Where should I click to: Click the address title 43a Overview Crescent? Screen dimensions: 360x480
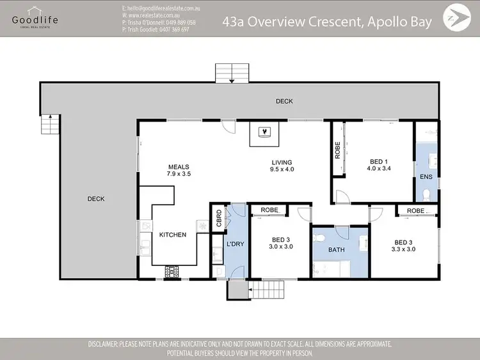(326, 21)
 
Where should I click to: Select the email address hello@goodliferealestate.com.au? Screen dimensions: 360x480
(161, 8)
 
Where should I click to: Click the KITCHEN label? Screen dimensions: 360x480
(173, 235)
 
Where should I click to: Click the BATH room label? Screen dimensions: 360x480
(337, 251)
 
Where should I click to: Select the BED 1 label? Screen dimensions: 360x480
(380, 161)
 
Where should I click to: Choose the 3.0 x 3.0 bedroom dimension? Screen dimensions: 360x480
(280, 246)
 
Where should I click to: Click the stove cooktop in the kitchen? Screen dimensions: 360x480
(172, 271)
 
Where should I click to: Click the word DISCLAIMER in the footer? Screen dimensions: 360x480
(107, 344)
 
